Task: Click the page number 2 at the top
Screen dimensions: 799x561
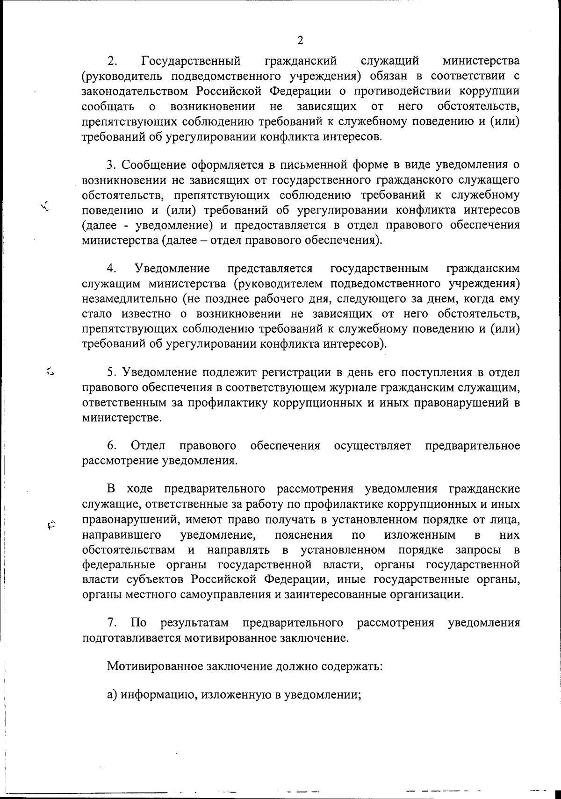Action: point(300,40)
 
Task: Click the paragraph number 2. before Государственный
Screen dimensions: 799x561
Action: point(112,61)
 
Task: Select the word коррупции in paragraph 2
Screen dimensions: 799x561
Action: point(492,91)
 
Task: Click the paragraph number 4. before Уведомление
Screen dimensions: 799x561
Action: point(112,269)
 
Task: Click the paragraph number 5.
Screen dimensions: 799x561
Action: point(111,372)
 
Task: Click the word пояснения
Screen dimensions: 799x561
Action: point(304,535)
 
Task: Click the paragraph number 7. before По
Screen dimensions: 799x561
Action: point(112,623)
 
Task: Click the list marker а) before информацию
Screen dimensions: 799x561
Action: point(112,694)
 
